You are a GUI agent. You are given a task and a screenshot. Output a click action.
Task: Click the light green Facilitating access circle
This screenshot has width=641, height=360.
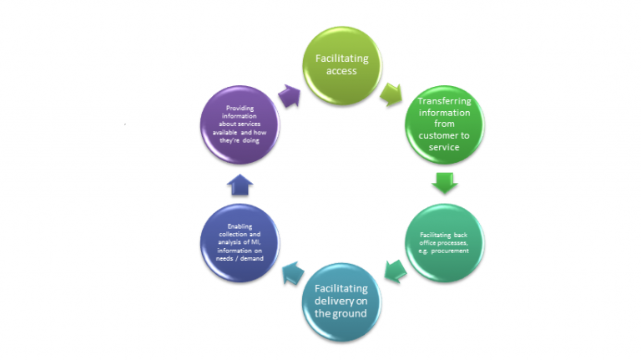coord(342,65)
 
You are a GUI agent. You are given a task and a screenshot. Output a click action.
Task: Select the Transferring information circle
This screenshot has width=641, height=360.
coord(444,124)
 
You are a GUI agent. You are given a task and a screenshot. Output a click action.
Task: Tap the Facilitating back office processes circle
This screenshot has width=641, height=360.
coord(444,243)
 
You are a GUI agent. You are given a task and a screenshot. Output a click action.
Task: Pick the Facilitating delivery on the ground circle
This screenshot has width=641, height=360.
coord(341,302)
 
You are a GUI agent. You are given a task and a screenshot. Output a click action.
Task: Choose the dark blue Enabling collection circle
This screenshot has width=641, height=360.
coord(240,243)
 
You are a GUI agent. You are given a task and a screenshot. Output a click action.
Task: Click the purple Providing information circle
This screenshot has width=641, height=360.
coord(240,124)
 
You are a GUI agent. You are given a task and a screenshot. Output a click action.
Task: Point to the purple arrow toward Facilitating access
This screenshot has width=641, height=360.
coord(290,96)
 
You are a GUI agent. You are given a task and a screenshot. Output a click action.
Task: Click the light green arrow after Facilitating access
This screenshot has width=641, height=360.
coord(391,94)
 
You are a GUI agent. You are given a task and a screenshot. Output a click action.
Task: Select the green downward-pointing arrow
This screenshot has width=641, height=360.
coord(444,183)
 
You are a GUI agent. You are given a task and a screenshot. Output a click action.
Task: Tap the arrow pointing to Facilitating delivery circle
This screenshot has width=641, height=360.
coord(396,271)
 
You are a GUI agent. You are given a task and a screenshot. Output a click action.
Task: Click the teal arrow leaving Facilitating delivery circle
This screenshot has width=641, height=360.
coord(293,273)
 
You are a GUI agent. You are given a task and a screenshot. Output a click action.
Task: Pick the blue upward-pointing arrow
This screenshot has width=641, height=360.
coord(240,185)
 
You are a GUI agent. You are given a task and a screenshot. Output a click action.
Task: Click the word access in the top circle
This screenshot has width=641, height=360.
coord(341,71)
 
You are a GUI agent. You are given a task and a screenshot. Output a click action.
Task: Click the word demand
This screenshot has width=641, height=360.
coord(252,259)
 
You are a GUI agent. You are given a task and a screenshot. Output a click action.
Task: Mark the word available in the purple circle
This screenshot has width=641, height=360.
coord(225,132)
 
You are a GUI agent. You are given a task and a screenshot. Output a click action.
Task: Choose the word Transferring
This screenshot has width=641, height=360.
coord(444,101)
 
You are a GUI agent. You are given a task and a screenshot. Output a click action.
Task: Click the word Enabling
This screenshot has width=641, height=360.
coord(240,226)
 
